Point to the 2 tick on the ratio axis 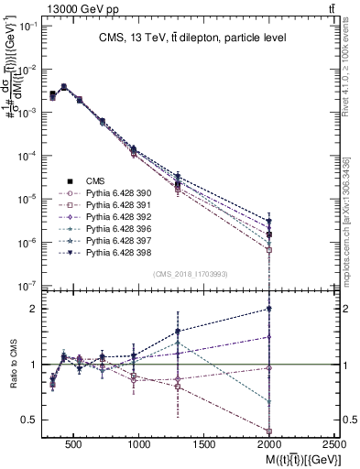click(x=35, y=309)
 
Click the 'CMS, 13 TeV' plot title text click(x=192, y=38)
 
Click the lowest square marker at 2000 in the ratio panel click(x=269, y=431)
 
